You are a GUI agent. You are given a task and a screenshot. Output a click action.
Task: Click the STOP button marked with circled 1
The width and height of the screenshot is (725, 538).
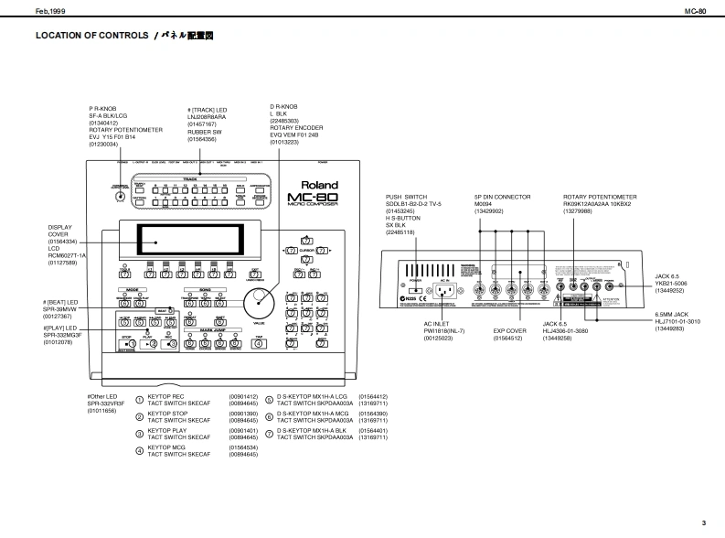[x=130, y=344]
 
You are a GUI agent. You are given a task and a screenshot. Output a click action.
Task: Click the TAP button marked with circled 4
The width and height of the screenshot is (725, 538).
[x=260, y=344]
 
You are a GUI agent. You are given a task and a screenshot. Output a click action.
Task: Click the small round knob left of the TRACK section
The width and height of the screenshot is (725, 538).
[x=121, y=198]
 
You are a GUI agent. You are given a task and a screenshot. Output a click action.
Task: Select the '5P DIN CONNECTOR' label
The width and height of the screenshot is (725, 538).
[x=502, y=198]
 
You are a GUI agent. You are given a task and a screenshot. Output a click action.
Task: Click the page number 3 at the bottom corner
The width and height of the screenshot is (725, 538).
[x=703, y=522]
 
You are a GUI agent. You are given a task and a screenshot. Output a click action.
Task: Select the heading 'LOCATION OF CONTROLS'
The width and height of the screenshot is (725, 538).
[x=91, y=36]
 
